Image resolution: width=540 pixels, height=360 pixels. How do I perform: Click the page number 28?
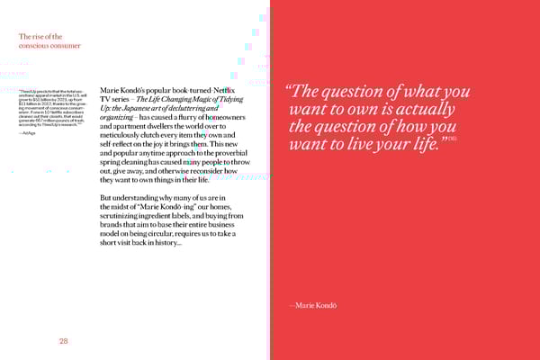click(64, 341)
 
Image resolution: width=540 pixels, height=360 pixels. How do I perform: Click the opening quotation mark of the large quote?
click(290, 92)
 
